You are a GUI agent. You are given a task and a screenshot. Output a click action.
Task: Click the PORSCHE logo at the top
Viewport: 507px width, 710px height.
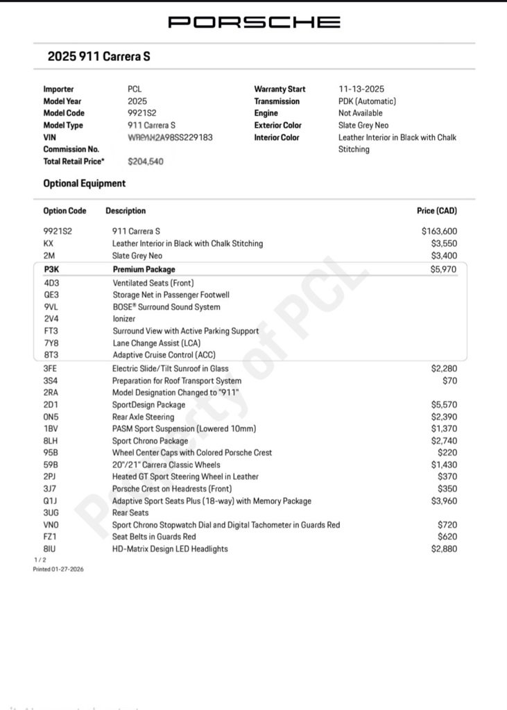point(254,22)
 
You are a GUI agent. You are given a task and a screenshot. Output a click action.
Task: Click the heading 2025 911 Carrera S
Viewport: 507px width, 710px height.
point(98,57)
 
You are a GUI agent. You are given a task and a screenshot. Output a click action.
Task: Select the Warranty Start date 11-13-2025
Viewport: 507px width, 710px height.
point(361,89)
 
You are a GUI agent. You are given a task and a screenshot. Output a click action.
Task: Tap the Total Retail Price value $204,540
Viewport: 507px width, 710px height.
point(147,162)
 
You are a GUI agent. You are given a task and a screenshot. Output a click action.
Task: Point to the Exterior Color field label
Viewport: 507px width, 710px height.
point(277,125)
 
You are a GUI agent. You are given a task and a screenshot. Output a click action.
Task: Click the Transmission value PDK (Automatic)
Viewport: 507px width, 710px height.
point(367,101)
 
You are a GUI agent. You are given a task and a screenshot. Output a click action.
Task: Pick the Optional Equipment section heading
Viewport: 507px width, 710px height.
point(85,184)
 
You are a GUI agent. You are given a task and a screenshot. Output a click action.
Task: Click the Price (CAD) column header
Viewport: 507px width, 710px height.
point(436,211)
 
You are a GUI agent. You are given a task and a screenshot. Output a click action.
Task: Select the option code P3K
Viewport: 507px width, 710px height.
point(51,270)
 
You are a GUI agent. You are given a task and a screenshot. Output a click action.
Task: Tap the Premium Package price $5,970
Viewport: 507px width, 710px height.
point(443,270)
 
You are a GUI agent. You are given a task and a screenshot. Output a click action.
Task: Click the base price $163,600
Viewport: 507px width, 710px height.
point(439,232)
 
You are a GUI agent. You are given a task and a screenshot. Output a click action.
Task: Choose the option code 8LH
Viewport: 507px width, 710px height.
point(51,441)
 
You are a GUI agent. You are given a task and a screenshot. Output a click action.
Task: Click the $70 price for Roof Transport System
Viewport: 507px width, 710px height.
point(449,381)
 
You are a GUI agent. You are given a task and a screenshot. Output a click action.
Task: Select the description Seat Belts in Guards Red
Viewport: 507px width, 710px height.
point(154,537)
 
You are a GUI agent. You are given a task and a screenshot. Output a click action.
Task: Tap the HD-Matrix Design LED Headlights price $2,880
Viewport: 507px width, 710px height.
point(443,549)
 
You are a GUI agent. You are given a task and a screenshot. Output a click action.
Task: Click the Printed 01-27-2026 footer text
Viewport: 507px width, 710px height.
point(58,569)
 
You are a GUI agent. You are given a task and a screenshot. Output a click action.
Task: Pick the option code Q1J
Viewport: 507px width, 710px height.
point(51,501)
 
